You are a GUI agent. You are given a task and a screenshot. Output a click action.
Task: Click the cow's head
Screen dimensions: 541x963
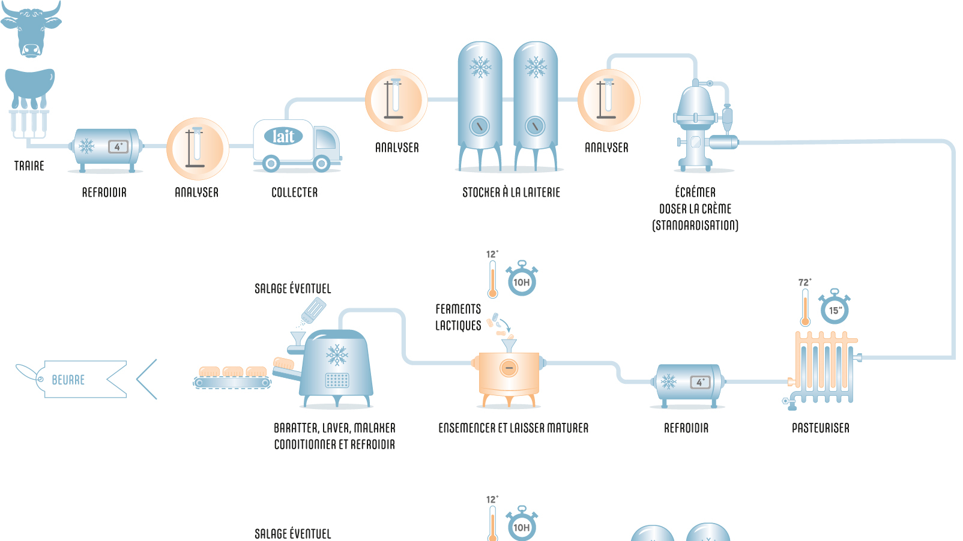click(31, 30)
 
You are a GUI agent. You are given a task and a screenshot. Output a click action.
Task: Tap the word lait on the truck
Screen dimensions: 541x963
click(283, 136)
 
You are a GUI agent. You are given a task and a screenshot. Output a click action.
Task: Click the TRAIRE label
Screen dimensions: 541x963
click(29, 166)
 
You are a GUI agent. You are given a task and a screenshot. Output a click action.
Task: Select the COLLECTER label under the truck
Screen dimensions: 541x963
click(294, 193)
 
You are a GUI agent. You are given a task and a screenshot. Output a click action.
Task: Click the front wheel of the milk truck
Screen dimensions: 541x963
click(322, 163)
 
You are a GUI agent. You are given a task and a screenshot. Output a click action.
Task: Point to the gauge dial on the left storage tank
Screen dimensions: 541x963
click(479, 126)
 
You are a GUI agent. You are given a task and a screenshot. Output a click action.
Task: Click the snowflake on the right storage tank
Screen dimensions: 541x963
click(536, 67)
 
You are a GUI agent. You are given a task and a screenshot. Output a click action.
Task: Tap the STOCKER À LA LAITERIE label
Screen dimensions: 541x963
click(511, 193)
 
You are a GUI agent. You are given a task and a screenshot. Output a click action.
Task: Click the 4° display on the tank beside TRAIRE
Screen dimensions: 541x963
click(118, 146)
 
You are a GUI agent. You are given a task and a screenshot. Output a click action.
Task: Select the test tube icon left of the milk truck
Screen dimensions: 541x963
click(197, 148)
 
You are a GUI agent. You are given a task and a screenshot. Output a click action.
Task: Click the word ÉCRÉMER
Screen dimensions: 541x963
click(695, 192)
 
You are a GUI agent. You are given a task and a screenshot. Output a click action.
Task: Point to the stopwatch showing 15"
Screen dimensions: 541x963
click(835, 309)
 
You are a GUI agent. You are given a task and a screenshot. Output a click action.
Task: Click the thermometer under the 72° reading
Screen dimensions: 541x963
click(805, 308)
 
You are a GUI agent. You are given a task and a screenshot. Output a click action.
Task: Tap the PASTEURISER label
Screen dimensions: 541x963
click(820, 428)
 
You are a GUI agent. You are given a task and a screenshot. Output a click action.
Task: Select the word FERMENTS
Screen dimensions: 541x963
click(458, 309)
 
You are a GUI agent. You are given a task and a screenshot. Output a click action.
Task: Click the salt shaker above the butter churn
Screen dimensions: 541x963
click(313, 311)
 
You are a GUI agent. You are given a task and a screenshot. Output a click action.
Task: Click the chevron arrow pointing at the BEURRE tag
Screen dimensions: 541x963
click(146, 379)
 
